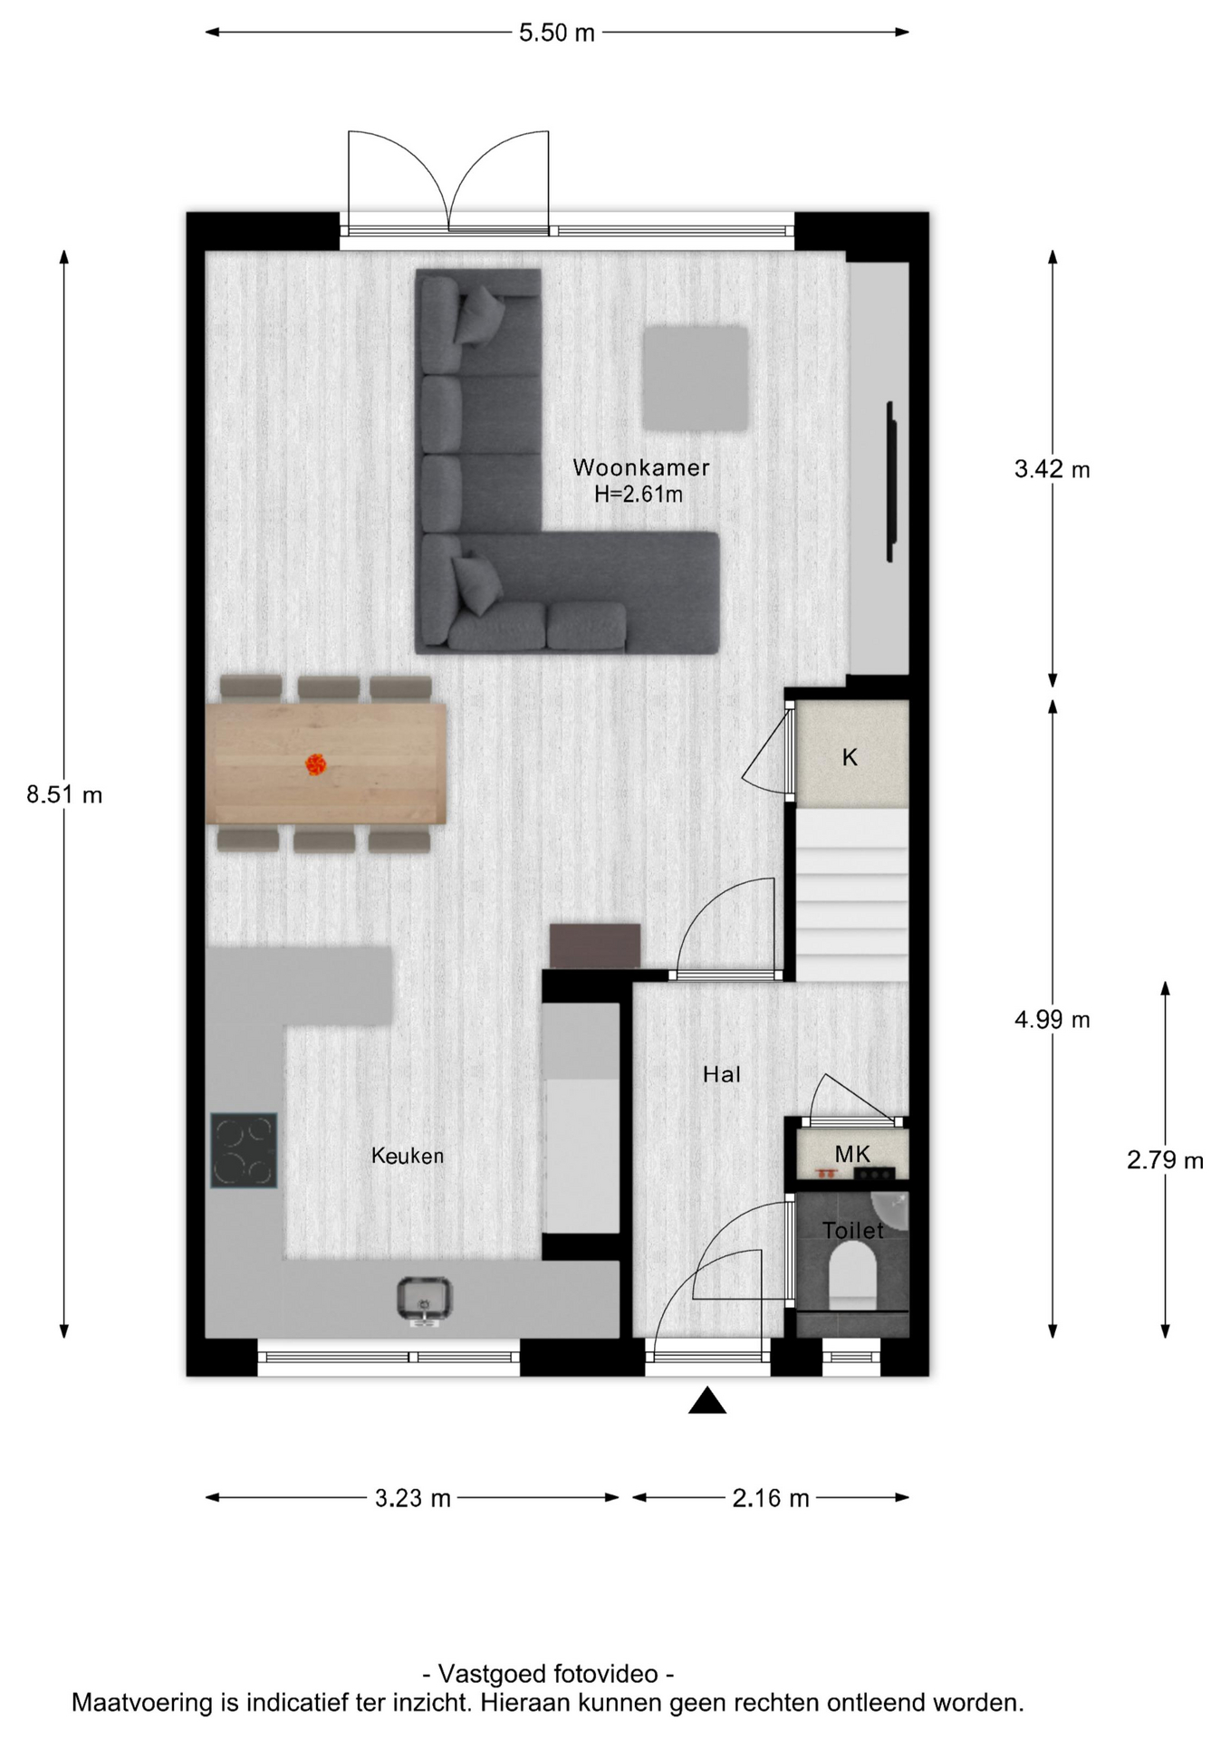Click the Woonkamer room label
click(x=641, y=467)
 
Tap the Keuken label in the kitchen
click(x=408, y=1156)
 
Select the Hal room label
click(x=722, y=1074)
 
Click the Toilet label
click(x=852, y=1230)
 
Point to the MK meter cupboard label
click(x=852, y=1154)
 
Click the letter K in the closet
click(x=850, y=757)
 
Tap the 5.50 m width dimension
click(x=557, y=33)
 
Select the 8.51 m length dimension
click(x=64, y=795)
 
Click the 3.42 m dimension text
click(x=1052, y=469)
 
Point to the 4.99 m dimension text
click(x=1052, y=1020)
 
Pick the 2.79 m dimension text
click(x=1166, y=1160)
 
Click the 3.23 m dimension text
click(x=413, y=1498)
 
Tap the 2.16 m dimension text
click(x=771, y=1498)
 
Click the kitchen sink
click(x=424, y=1301)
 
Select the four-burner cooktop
click(x=244, y=1150)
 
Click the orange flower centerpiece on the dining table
click(x=315, y=765)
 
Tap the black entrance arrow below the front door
click(x=707, y=1400)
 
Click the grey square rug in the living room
click(x=696, y=379)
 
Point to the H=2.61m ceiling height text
click(x=639, y=495)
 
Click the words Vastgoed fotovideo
click(x=548, y=1673)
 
